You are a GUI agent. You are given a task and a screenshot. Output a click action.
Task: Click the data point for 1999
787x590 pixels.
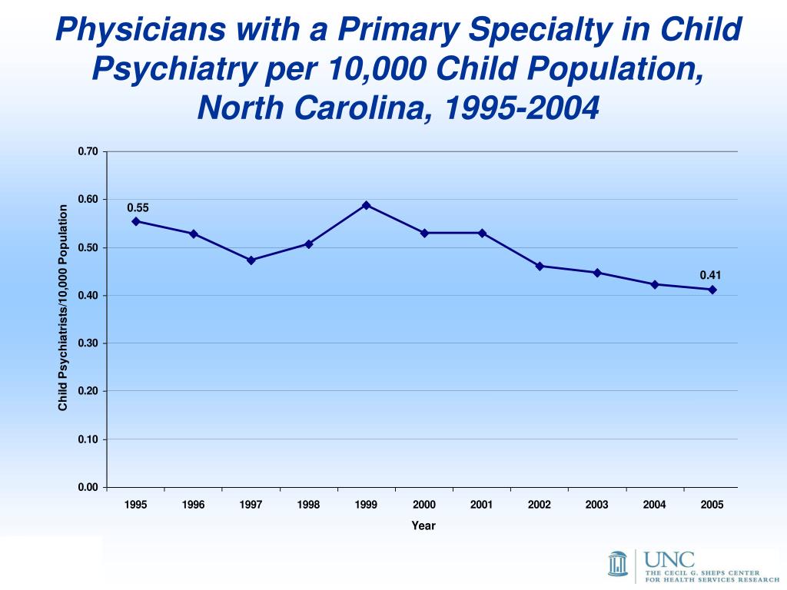[367, 205]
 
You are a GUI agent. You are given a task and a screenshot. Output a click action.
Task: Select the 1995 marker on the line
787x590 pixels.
[136, 221]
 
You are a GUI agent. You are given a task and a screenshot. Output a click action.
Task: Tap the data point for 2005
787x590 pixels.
[712, 290]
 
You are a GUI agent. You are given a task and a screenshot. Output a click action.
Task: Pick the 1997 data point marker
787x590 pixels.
[251, 260]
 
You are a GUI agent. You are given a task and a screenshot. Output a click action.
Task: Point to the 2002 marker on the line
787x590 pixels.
[540, 266]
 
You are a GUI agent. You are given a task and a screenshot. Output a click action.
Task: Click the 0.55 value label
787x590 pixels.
[138, 208]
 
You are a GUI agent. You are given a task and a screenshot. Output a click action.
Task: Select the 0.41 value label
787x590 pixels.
[710, 275]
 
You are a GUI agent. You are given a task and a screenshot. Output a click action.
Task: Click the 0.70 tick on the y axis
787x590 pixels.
[88, 151]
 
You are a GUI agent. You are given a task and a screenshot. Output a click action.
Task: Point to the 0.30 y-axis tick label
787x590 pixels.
[88, 343]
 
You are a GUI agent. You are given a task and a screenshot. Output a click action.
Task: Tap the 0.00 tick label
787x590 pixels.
[88, 487]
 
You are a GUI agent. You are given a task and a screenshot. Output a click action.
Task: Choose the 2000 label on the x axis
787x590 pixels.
[424, 505]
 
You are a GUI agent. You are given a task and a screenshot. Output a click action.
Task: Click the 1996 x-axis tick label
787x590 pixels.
[194, 505]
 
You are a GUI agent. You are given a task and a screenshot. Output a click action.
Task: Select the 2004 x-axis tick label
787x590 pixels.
[655, 505]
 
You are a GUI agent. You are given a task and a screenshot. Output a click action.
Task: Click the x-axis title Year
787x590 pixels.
[423, 526]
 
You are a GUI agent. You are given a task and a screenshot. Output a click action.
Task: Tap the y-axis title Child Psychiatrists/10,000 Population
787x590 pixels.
[64, 307]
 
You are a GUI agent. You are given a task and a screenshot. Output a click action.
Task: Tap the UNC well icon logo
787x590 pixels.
[618, 562]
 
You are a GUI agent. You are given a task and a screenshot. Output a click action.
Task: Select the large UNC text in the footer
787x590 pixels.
[669, 559]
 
